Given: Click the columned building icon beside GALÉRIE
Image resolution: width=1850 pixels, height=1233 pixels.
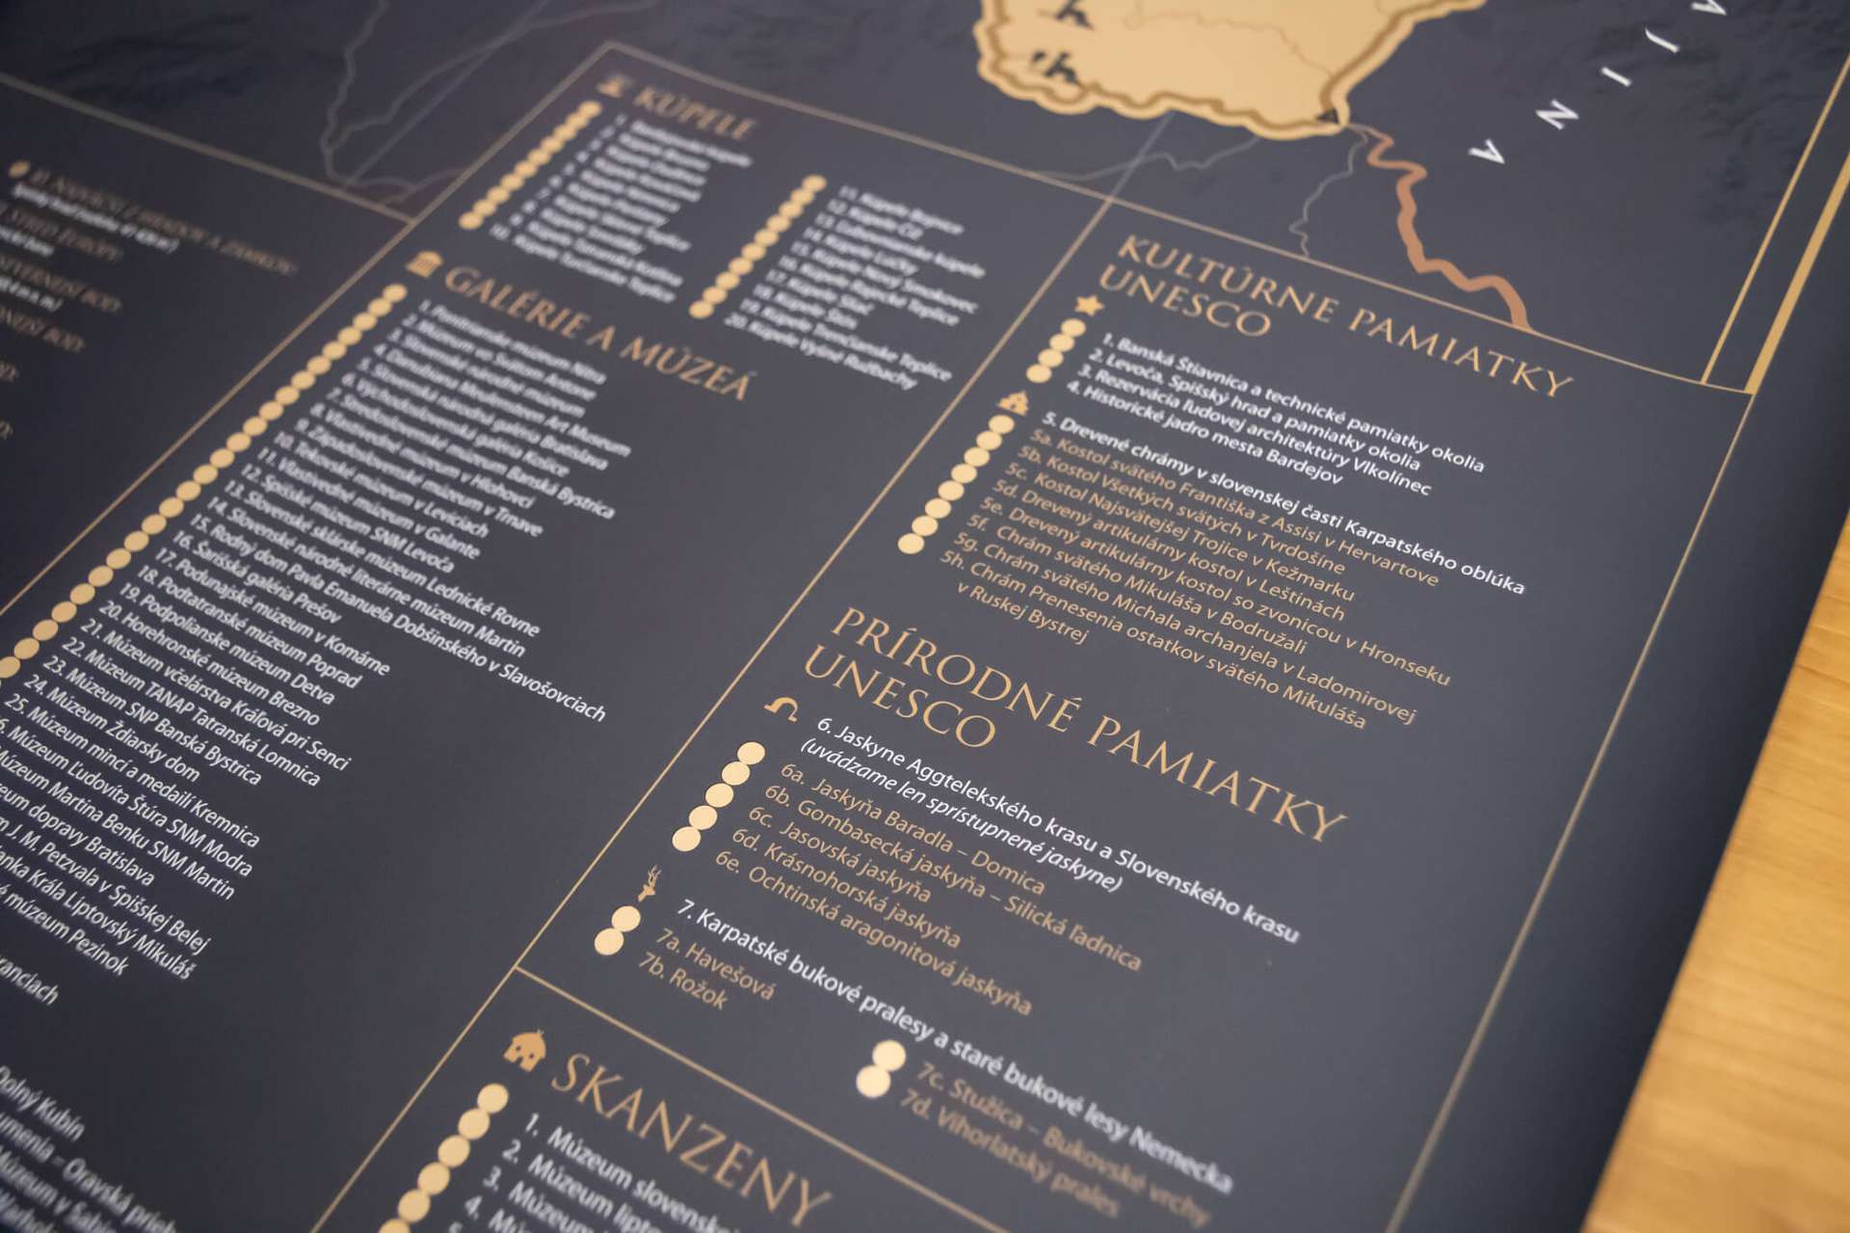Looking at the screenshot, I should coord(419,263).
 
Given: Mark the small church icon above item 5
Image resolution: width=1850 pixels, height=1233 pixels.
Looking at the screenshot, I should coord(1014,399).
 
